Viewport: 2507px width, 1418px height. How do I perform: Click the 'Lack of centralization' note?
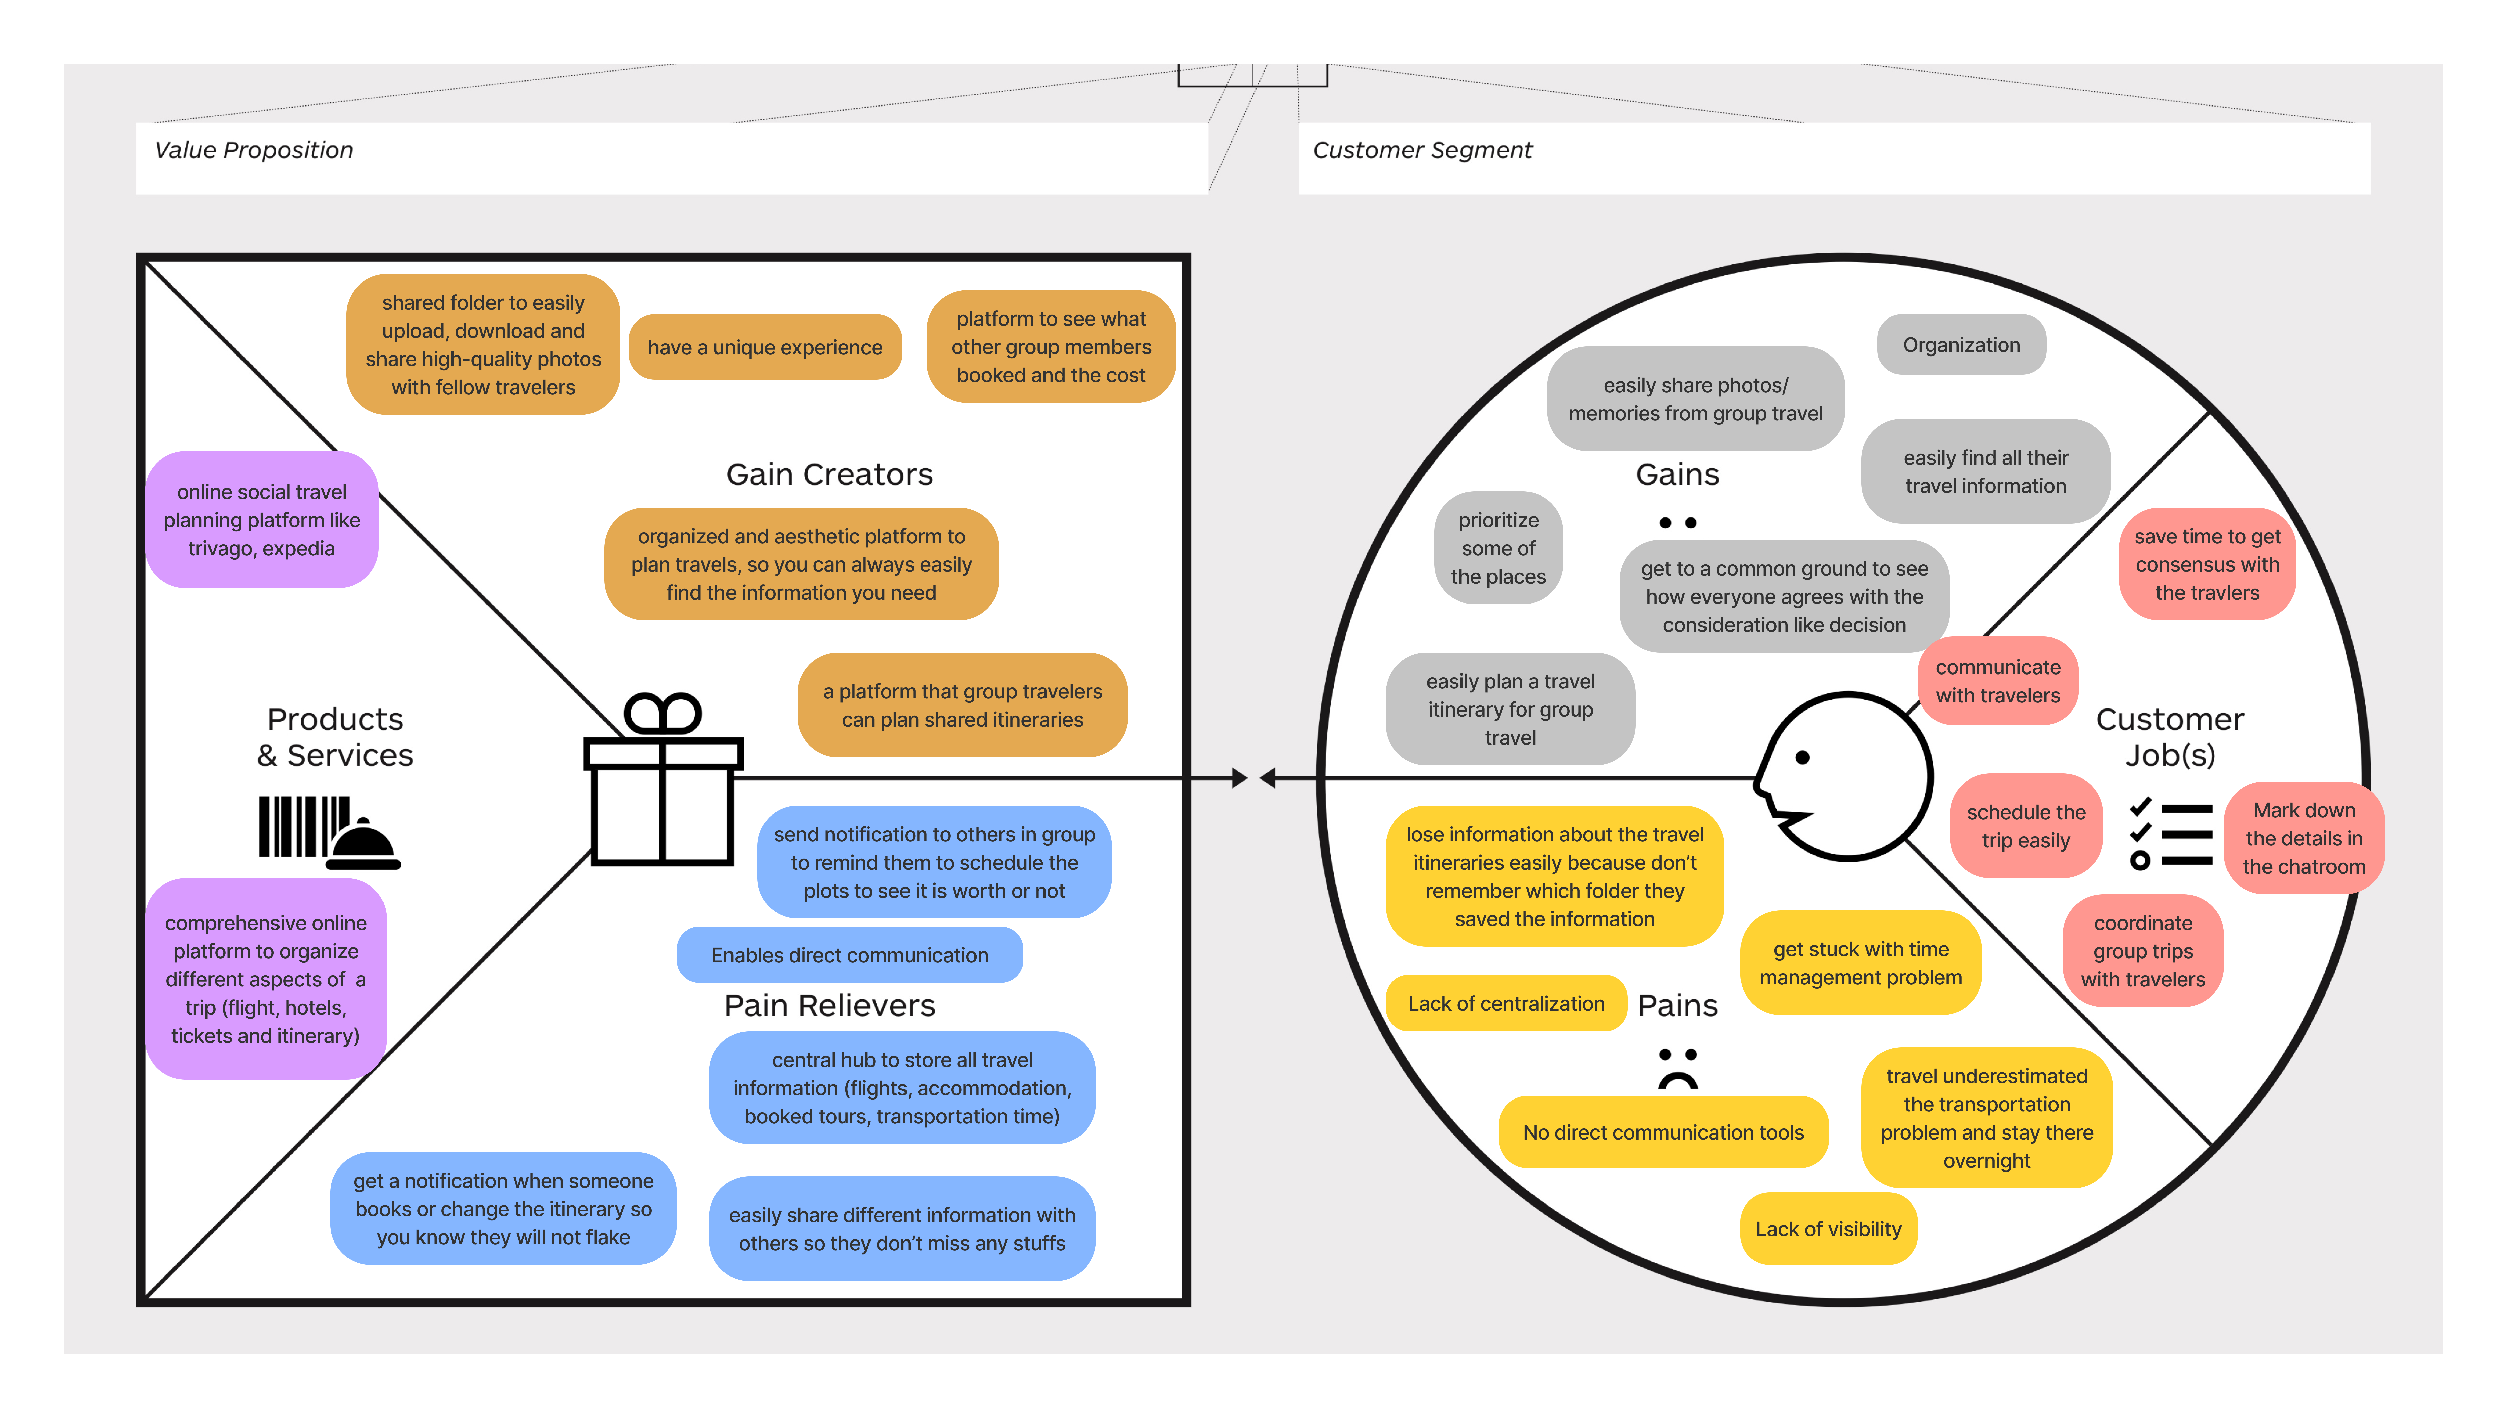tap(1506, 1003)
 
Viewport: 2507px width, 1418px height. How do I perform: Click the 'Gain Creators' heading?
tap(830, 474)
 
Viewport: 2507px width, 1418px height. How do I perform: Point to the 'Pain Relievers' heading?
tap(830, 1005)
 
